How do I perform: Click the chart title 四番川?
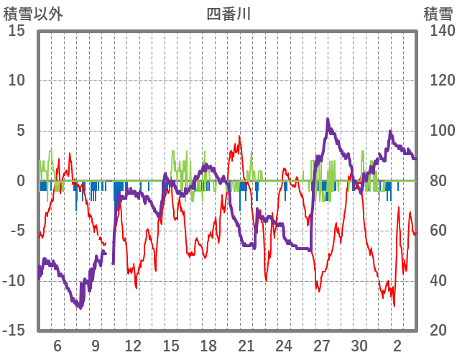coord(228,14)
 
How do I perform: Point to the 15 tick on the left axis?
coord(17,31)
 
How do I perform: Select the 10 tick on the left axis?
coord(17,80)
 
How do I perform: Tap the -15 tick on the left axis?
coord(14,331)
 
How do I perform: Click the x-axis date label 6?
coord(57,344)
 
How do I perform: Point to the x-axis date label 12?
coord(133,344)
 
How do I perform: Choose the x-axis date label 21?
coord(246,344)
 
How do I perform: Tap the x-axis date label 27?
coord(322,344)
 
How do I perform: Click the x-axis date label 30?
coord(359,344)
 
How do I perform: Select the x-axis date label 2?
coord(397,344)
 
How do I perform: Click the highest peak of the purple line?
coord(328,120)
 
